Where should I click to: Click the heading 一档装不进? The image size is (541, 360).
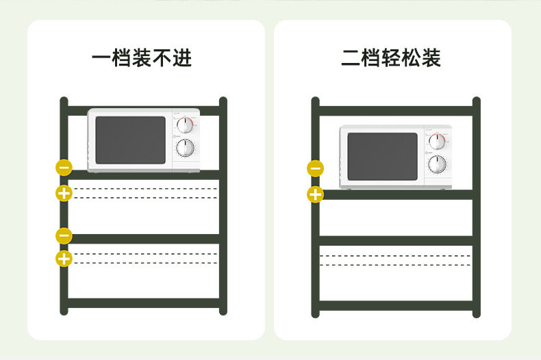pos(142,58)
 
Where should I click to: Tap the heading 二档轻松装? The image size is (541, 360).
pos(391,58)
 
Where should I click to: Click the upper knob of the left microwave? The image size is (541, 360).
pos(185,125)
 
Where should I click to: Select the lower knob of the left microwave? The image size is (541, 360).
pos(185,148)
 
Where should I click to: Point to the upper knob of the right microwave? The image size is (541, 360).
pos(437,142)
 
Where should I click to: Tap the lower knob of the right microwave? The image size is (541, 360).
pos(437,164)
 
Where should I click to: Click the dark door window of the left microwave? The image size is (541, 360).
pos(130,140)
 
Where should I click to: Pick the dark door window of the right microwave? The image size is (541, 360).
pos(382,157)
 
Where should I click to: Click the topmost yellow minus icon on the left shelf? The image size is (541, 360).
pos(64,167)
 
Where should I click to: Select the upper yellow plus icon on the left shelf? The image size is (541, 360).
pos(64,193)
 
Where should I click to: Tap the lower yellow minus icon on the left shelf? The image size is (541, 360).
pos(64,235)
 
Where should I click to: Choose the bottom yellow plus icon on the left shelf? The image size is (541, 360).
pos(64,259)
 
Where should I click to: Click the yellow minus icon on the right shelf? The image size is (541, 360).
pos(315,168)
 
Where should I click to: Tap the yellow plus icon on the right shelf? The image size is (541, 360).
pos(315,194)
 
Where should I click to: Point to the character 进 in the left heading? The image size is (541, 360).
pos(182,58)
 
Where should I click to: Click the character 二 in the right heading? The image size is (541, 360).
pos(351,58)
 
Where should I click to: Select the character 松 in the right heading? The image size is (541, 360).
pos(411,58)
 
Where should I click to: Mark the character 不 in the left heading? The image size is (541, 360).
pos(162,58)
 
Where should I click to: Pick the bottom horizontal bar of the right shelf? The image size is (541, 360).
pos(395,305)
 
